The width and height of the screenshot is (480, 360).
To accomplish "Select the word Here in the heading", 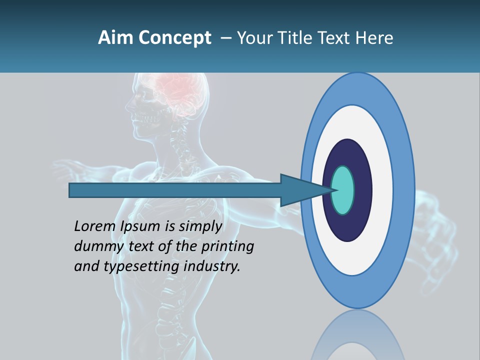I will coord(374,38).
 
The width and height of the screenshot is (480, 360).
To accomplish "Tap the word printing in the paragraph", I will coord(227,246).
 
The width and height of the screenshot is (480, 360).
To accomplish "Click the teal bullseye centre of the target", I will coord(343,190).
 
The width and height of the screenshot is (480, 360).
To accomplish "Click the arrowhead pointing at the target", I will coord(300,190).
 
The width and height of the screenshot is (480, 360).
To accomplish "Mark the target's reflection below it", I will coord(357,337).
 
